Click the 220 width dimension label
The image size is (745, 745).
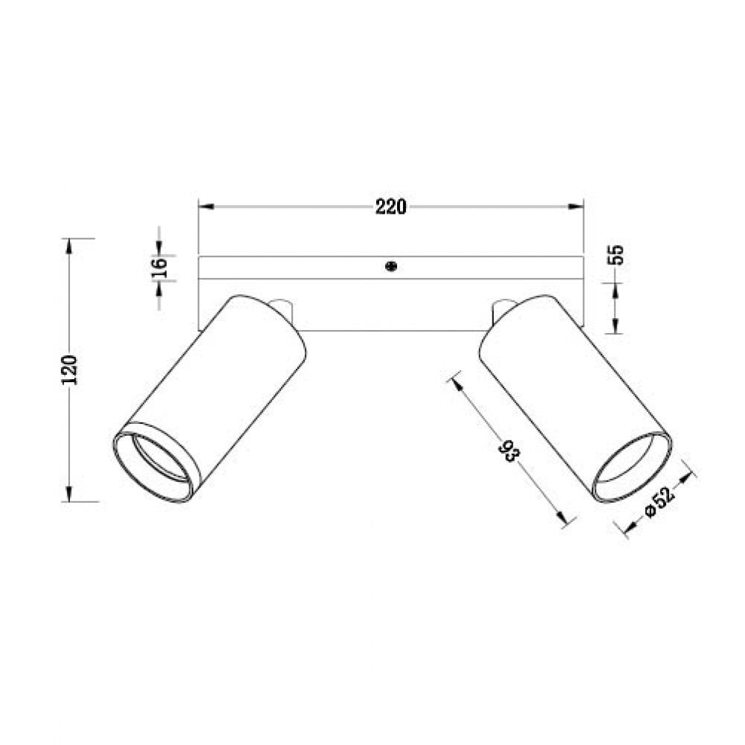pyautogui.click(x=390, y=207)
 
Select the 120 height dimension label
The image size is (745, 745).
pyautogui.click(x=70, y=370)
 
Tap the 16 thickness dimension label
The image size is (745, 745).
pyautogui.click(x=159, y=267)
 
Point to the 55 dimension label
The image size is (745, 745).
pyautogui.click(x=615, y=256)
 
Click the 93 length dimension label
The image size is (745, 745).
pyautogui.click(x=509, y=451)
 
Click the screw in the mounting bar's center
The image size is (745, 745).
pyautogui.click(x=390, y=266)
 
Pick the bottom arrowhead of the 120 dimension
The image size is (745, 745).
pyautogui.click(x=70, y=495)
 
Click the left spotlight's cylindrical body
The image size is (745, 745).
pyautogui.click(x=216, y=387)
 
